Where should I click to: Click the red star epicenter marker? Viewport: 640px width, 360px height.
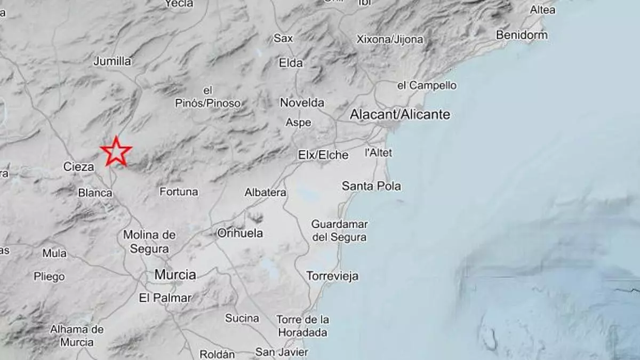(x=116, y=152)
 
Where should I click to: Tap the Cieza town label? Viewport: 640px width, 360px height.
(x=78, y=167)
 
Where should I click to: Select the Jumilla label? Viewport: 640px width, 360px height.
(x=112, y=61)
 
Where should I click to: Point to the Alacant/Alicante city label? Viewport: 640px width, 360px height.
(x=400, y=114)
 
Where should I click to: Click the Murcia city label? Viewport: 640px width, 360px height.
(x=175, y=275)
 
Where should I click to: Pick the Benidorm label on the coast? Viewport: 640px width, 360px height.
(x=522, y=35)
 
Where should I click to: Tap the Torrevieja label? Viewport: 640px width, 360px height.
(x=332, y=276)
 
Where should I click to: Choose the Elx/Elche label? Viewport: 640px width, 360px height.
(x=323, y=155)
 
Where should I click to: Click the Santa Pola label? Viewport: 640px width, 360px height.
(x=371, y=186)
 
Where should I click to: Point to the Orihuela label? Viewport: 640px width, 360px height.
(x=240, y=233)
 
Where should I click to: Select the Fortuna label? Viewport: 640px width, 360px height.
(x=179, y=191)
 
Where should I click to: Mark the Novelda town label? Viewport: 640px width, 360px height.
(x=302, y=102)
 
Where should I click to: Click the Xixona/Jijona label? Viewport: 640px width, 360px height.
(x=390, y=39)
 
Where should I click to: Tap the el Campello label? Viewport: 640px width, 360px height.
(x=427, y=85)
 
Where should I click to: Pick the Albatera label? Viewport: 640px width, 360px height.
(x=265, y=193)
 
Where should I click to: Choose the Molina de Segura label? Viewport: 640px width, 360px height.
(x=149, y=242)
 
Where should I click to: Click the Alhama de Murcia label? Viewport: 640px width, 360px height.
(x=77, y=336)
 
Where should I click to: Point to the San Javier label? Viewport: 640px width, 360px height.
(x=282, y=352)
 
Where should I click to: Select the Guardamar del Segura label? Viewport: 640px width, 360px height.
(x=339, y=231)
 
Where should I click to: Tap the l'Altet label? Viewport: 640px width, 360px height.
(x=378, y=153)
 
